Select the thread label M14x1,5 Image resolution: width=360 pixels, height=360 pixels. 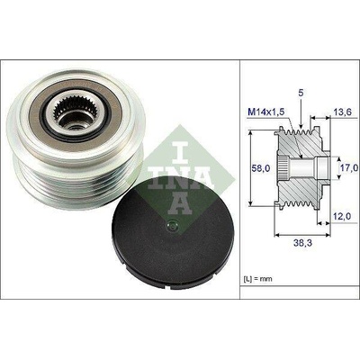pos(265,113)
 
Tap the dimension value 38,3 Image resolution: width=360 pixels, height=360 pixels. pos(303,243)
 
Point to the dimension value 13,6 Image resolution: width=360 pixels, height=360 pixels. pos(342,112)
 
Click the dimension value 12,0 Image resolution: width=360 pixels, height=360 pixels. pos(342,216)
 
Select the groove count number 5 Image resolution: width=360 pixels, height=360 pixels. pos(301,94)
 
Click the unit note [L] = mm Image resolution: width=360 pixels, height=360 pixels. pos(258,279)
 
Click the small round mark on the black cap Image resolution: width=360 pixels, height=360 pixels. pos(173,226)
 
